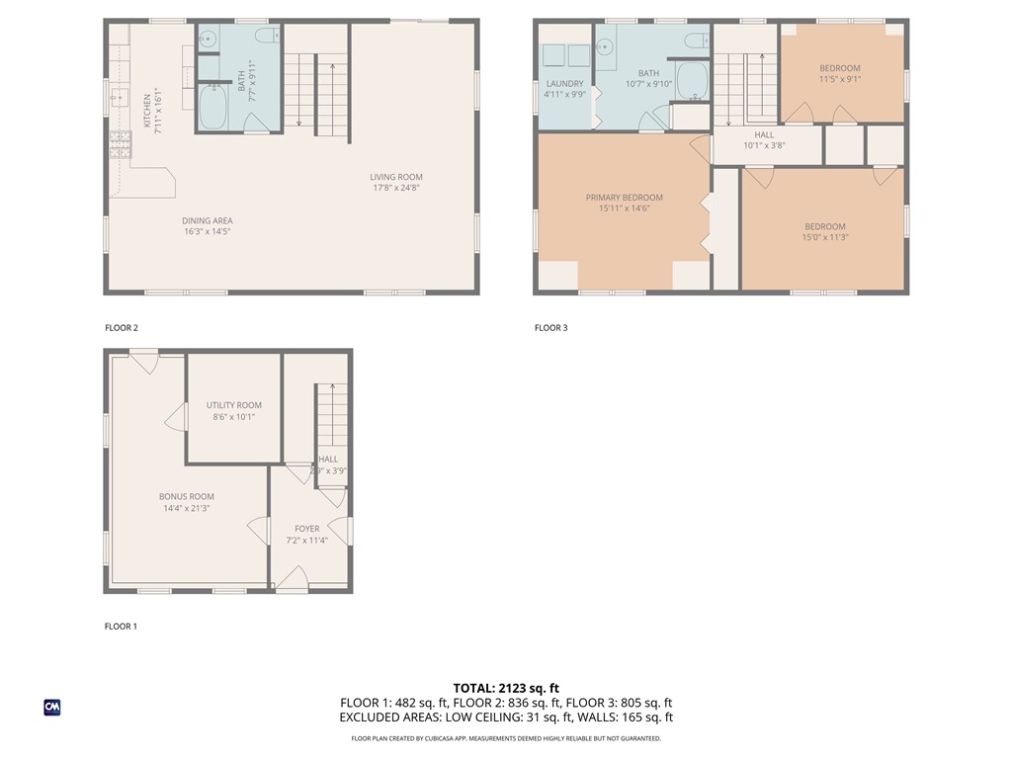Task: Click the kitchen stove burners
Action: [x=121, y=146]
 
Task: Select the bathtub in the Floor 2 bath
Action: [x=213, y=108]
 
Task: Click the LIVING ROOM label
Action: [x=397, y=178]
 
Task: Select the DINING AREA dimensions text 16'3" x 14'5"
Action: [x=207, y=231]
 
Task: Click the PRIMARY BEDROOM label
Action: [x=624, y=198]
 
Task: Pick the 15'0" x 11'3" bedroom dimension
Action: [x=824, y=237]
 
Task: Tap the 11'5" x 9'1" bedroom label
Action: [x=839, y=79]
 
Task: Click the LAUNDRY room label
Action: [x=563, y=84]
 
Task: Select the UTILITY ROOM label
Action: [x=234, y=405]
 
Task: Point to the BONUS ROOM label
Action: [x=187, y=497]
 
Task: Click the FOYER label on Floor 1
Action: [x=306, y=529]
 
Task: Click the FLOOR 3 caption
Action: [x=550, y=328]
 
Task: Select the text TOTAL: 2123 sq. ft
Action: [x=506, y=688]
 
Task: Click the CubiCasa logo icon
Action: [x=52, y=707]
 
